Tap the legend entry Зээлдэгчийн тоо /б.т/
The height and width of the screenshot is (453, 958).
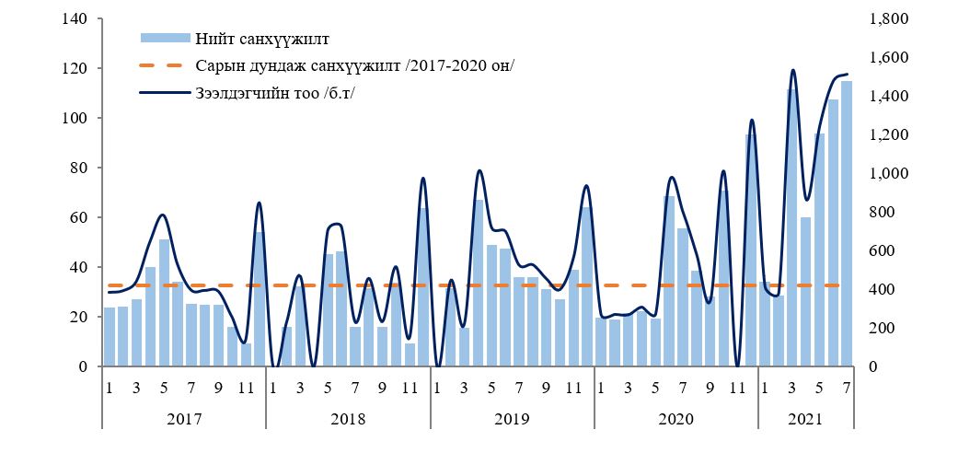coord(275,92)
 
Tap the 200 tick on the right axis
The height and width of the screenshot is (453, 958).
coord(879,329)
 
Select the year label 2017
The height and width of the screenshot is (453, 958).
coord(183,419)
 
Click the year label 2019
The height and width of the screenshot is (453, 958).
coord(512,419)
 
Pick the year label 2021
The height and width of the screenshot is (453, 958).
coord(805,419)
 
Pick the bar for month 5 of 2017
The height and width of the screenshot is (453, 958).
coord(164,303)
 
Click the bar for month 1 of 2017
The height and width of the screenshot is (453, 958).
coord(110,337)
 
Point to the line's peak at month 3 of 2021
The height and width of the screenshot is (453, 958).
coord(792,70)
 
